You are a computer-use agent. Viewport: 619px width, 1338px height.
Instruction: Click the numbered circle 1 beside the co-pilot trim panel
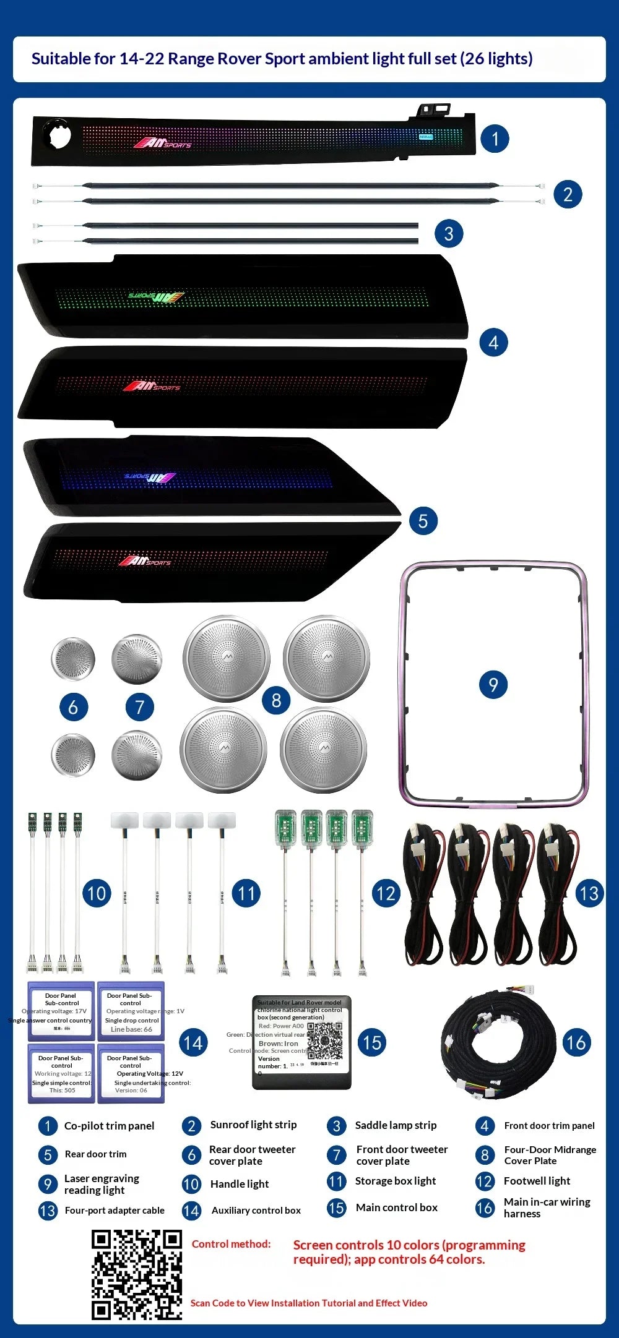click(495, 139)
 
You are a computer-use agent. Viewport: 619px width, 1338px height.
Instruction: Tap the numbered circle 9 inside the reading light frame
click(493, 684)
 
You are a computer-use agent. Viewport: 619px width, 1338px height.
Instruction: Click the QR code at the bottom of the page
click(137, 1274)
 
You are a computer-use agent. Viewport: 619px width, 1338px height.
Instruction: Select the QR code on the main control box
click(325, 1041)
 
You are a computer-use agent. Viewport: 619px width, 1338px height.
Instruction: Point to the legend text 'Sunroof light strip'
click(253, 1125)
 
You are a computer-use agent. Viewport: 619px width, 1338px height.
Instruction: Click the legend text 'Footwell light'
click(537, 1181)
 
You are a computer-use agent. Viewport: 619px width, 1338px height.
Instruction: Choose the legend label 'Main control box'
click(396, 1207)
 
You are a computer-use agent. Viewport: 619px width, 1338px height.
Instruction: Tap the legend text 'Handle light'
click(239, 1184)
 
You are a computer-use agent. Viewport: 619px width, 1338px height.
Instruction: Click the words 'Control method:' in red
click(231, 1244)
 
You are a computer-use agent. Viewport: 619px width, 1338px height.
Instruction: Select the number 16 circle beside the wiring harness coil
click(575, 1042)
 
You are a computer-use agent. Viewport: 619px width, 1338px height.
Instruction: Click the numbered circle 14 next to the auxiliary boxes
click(193, 1043)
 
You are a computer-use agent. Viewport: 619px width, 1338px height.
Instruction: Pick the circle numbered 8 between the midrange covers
click(276, 700)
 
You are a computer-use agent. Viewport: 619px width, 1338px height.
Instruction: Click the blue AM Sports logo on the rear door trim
click(150, 478)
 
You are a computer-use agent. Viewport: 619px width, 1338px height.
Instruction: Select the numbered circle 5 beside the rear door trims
click(423, 520)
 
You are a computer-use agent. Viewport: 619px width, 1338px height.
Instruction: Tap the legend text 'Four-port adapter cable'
click(115, 1210)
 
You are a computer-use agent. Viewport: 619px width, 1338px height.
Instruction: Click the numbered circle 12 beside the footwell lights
click(386, 893)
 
